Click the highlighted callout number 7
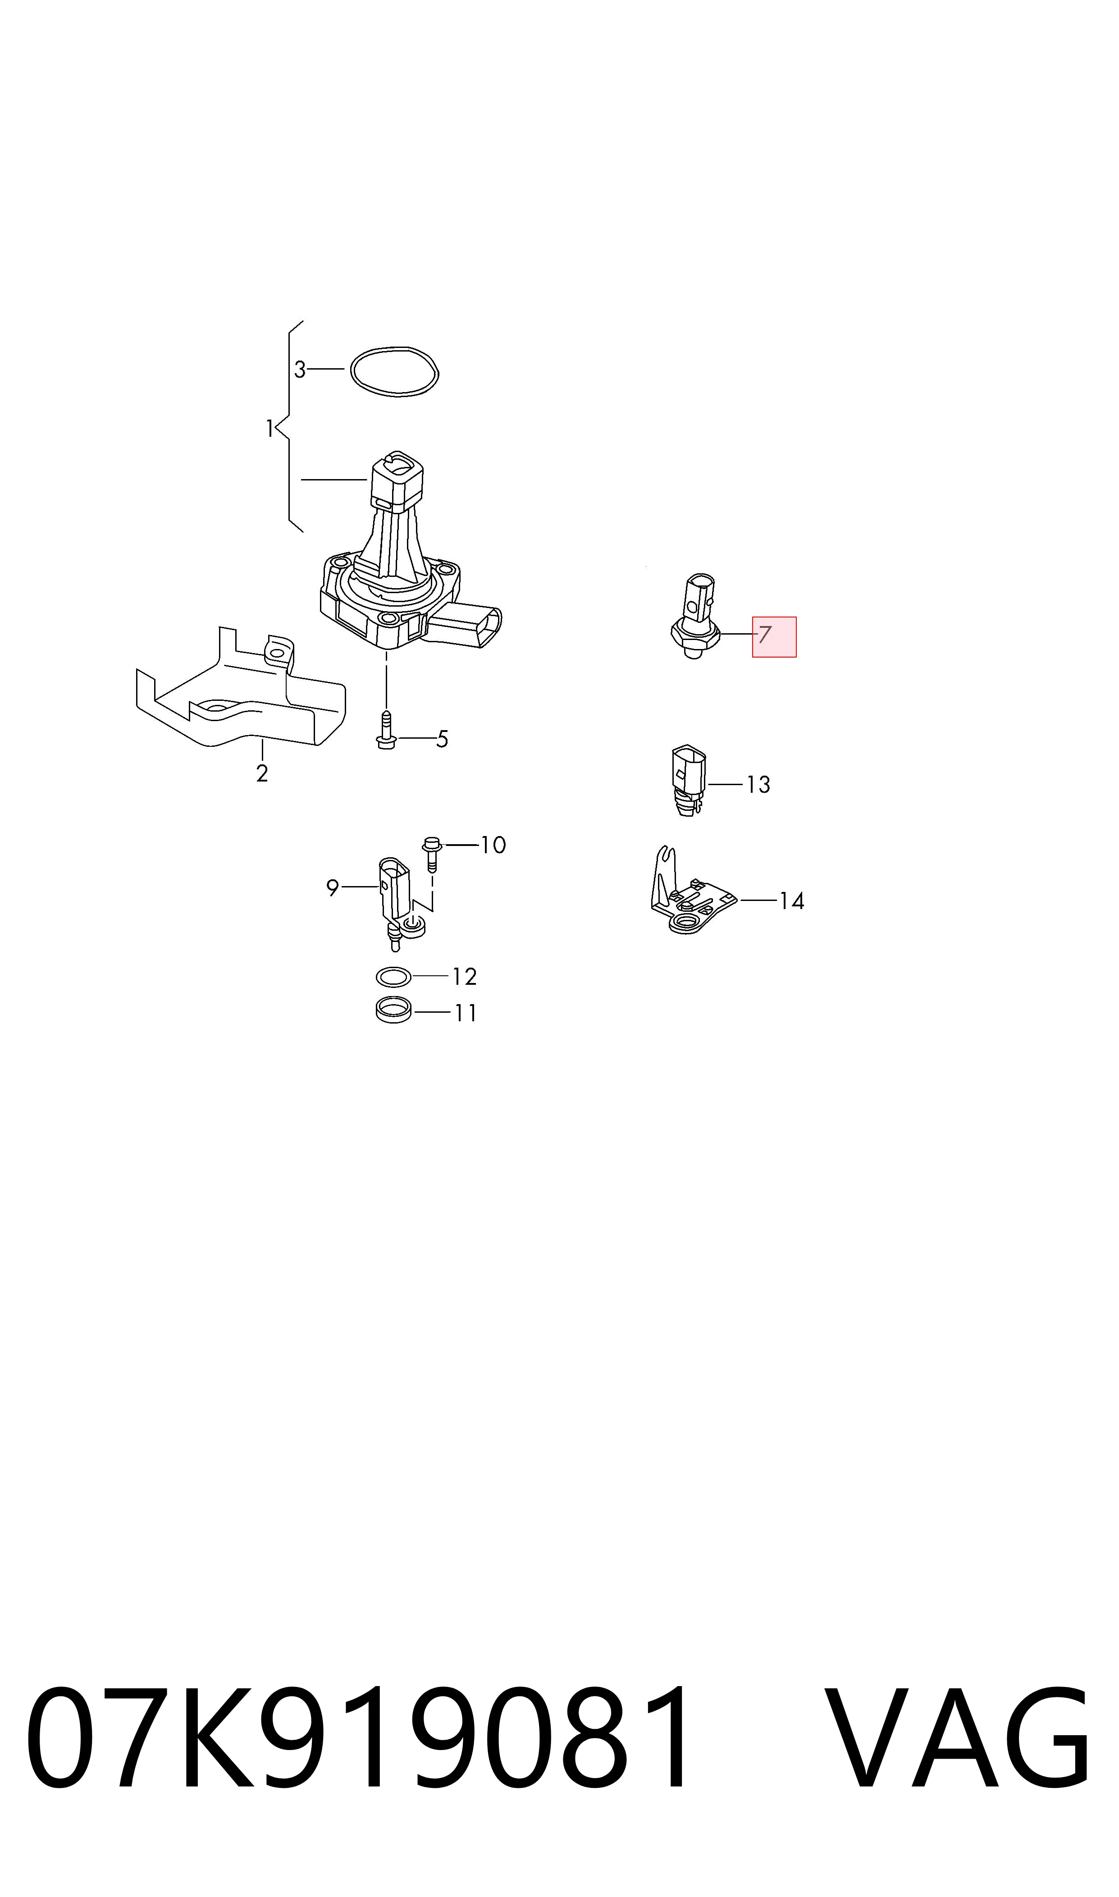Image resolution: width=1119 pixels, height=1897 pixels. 765,635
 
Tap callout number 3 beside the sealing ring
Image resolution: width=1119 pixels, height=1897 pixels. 300,370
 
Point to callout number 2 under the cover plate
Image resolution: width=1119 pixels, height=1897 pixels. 262,773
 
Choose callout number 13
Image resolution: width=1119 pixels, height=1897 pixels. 758,785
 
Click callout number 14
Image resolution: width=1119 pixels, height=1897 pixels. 792,901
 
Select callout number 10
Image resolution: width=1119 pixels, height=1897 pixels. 493,845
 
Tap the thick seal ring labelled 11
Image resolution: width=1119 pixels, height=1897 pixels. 393,1010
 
